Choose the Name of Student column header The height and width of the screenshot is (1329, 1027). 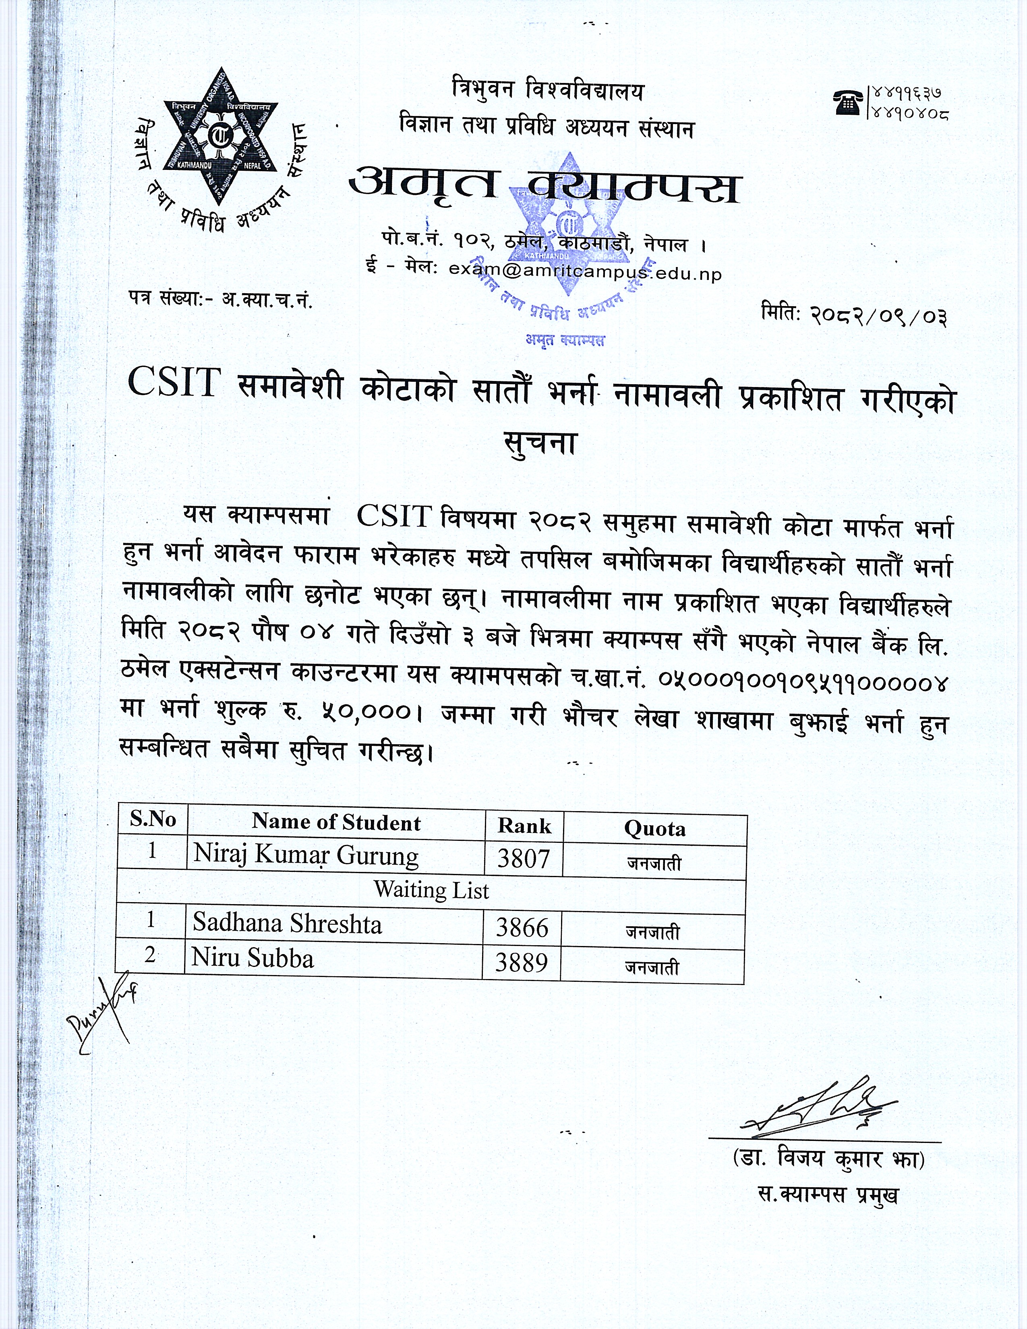point(336,823)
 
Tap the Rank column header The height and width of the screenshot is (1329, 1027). point(524,826)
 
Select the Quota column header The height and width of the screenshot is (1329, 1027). point(654,829)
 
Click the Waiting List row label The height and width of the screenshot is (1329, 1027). point(431,890)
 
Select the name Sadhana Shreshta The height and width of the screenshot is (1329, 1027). point(287,924)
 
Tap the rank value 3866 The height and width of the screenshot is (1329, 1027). point(522,928)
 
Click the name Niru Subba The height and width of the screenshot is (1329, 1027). point(253,958)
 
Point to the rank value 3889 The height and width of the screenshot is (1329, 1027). point(522,962)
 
